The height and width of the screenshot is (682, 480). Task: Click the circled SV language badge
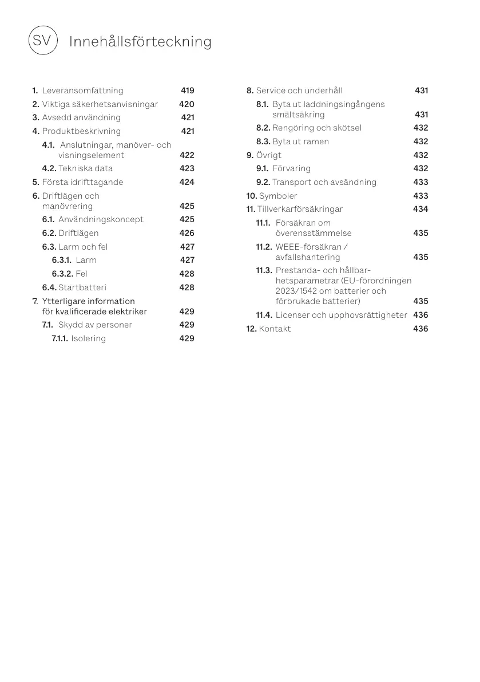click(42, 41)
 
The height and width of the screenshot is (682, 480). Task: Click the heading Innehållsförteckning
click(140, 42)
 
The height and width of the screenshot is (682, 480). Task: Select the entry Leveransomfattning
click(82, 90)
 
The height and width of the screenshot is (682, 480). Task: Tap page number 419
click(187, 90)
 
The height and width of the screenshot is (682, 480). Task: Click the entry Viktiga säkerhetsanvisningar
click(100, 104)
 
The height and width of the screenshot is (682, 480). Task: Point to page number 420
click(187, 104)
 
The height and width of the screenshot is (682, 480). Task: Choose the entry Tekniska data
click(85, 168)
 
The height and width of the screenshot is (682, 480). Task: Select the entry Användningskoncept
click(101, 219)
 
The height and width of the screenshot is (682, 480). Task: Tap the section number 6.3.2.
click(62, 274)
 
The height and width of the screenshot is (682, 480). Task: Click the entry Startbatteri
click(82, 287)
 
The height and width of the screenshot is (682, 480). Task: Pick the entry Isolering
click(88, 338)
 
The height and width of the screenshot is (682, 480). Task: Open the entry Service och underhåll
click(299, 90)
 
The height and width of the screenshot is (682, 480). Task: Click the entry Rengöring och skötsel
click(316, 128)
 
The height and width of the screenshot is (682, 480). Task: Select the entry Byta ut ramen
click(300, 141)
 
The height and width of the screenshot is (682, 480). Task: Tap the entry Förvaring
click(291, 168)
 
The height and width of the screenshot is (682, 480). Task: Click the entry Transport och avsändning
click(324, 182)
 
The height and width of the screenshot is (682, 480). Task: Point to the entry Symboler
click(278, 196)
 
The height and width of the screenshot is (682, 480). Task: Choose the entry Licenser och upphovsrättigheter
click(341, 315)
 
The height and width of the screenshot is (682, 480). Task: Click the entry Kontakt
click(275, 329)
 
